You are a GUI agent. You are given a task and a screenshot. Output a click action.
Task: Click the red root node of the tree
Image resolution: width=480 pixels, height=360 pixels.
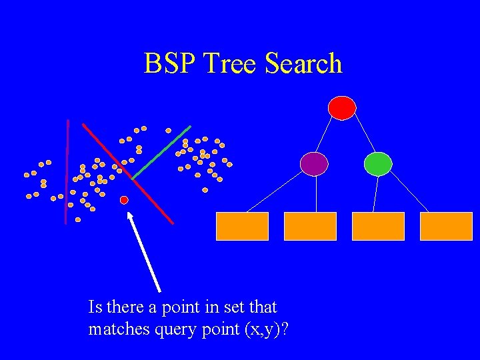coord(342,107)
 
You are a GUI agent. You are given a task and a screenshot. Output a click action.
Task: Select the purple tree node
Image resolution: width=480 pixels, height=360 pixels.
coord(314,163)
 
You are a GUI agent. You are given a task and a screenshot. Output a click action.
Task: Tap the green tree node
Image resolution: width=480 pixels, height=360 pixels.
coord(378,164)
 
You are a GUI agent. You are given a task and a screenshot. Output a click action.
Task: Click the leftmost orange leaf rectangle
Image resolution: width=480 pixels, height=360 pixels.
coord(242,226)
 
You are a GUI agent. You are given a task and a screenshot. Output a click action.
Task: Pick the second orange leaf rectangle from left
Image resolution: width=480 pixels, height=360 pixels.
coord(310,226)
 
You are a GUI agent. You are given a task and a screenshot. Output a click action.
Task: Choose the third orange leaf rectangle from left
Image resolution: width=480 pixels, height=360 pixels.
coord(378,226)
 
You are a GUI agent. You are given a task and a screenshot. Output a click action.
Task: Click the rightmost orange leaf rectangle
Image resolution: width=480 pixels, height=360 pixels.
coord(446,226)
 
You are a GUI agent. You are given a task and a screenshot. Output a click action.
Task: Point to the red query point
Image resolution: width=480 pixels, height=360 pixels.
coord(124,200)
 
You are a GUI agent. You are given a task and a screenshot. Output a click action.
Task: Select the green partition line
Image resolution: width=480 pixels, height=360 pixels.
coord(162,152)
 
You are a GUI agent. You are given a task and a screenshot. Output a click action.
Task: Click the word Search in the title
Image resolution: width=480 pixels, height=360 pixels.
coord(303,64)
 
